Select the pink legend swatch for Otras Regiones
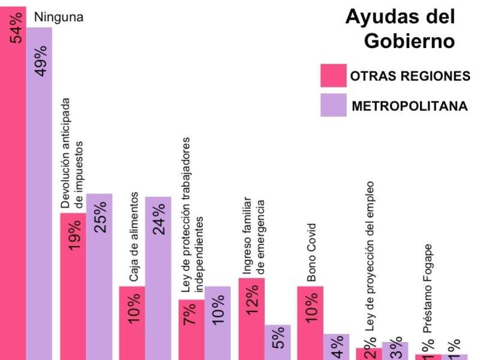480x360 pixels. pyautogui.click(x=333, y=76)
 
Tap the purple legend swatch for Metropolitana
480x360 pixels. pyautogui.click(x=333, y=106)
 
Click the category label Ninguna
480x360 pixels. pyautogui.click(x=58, y=17)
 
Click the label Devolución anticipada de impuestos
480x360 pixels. pyautogui.click(x=72, y=153)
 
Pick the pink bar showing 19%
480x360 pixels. pyautogui.click(x=73, y=285)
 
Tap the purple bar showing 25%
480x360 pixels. pyautogui.click(x=99, y=276)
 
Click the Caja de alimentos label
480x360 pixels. pyautogui.click(x=134, y=237)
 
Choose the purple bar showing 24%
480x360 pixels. pyautogui.click(x=158, y=277)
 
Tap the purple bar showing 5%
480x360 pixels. pyautogui.click(x=277, y=342)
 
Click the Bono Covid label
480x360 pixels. pyautogui.click(x=311, y=252)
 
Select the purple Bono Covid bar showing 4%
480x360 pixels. pyautogui.click(x=336, y=347)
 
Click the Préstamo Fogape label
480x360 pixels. pyautogui.click(x=428, y=288)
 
